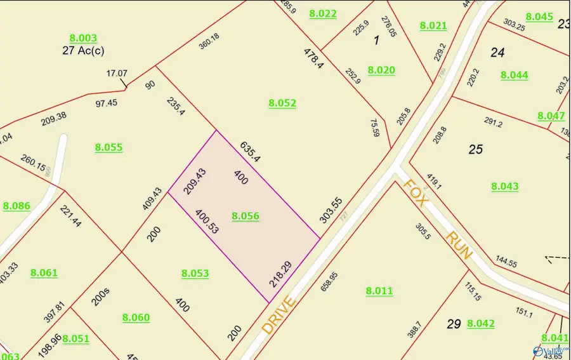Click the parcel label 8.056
[x=246, y=217]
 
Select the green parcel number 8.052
[x=282, y=103]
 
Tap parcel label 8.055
[x=108, y=147]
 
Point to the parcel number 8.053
[x=195, y=274]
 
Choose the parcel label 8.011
[x=379, y=291]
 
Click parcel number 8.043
[x=505, y=186]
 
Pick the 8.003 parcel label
[x=83, y=39]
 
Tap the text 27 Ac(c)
[x=83, y=51]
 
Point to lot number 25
[x=475, y=149]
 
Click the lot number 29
[x=453, y=324]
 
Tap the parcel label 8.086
[x=16, y=206]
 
